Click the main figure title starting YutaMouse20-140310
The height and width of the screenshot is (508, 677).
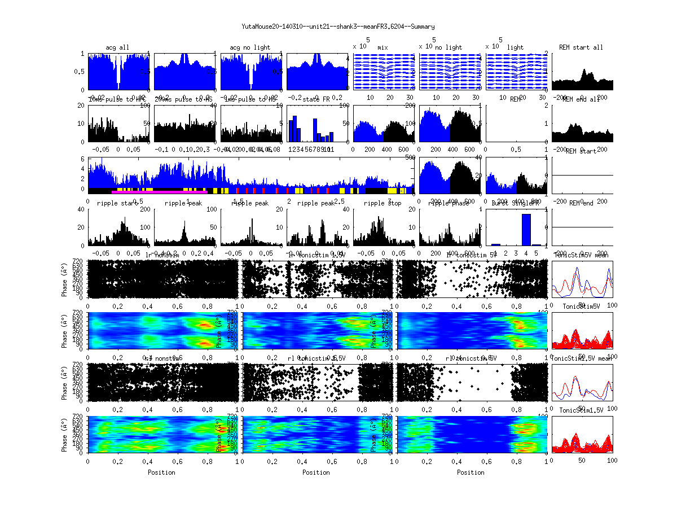click(338, 27)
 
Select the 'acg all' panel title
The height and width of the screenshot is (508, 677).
click(117, 47)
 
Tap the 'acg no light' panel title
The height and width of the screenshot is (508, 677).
click(250, 47)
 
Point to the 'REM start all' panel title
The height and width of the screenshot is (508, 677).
click(581, 47)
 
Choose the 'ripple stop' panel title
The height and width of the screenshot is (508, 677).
click(383, 203)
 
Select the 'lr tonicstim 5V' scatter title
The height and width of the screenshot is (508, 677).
click(472, 256)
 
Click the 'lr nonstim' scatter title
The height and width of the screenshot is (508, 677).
click(163, 256)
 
